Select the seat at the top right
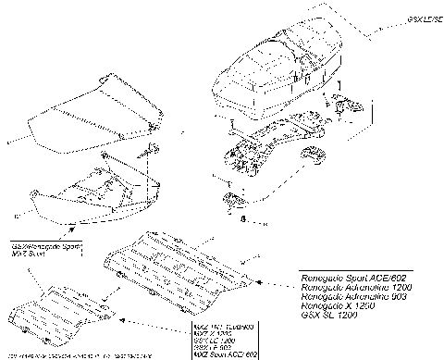(x=268, y=69)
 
